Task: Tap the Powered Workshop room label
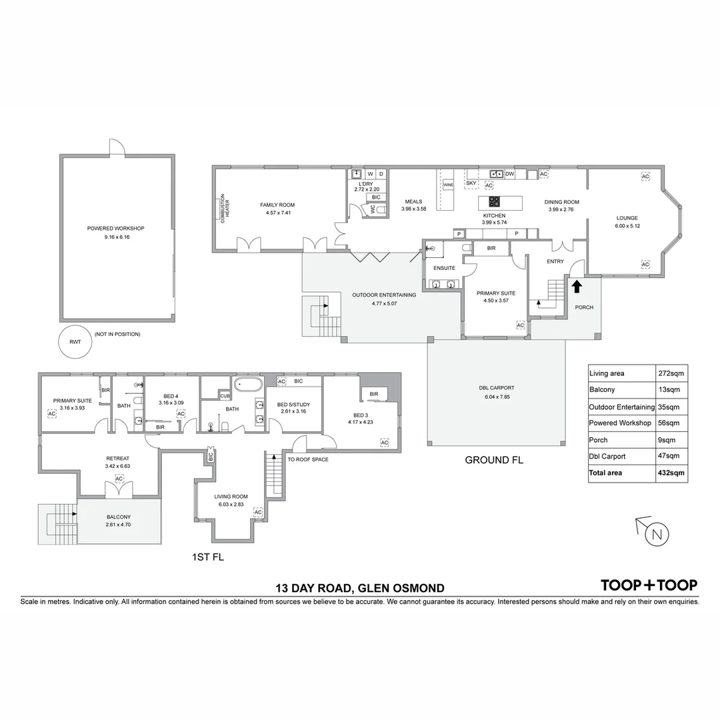(115, 229)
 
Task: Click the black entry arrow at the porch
(577, 286)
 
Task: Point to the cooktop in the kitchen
(494, 200)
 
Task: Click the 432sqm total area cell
(670, 473)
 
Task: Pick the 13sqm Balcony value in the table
(670, 389)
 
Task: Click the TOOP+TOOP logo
(649, 585)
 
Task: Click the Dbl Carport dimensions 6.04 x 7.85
(497, 397)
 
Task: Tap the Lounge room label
(627, 218)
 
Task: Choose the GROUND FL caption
(494, 460)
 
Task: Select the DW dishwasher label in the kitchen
(510, 174)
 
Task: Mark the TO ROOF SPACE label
(307, 459)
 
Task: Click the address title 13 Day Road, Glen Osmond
(360, 588)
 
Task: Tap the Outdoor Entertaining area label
(384, 295)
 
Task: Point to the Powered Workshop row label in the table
(620, 423)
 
